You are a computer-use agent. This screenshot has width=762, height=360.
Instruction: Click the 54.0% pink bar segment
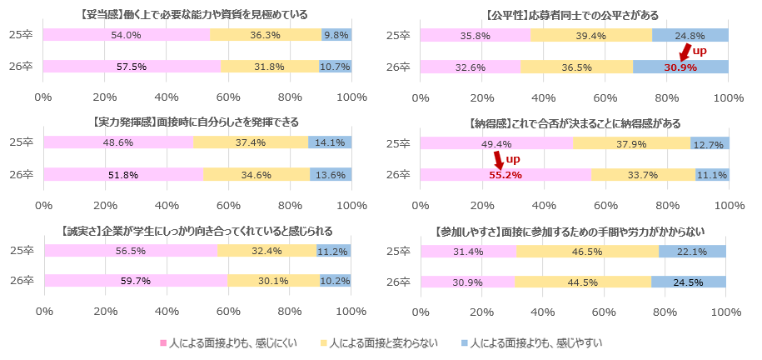pyautogui.click(x=126, y=35)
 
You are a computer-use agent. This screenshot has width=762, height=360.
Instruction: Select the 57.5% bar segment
pyautogui.click(x=132, y=66)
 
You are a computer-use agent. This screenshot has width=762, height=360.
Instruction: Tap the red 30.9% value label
pyautogui.click(x=680, y=67)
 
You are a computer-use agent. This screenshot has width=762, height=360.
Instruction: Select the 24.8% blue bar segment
pyautogui.click(x=690, y=35)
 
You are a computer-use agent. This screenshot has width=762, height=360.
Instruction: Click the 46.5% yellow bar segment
pyautogui.click(x=581, y=251)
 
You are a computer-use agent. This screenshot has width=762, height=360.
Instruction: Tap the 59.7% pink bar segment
pyautogui.click(x=135, y=281)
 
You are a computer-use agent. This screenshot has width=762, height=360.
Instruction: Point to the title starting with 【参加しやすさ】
pyautogui.click(x=575, y=230)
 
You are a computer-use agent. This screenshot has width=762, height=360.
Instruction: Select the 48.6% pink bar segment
pyautogui.click(x=118, y=143)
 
